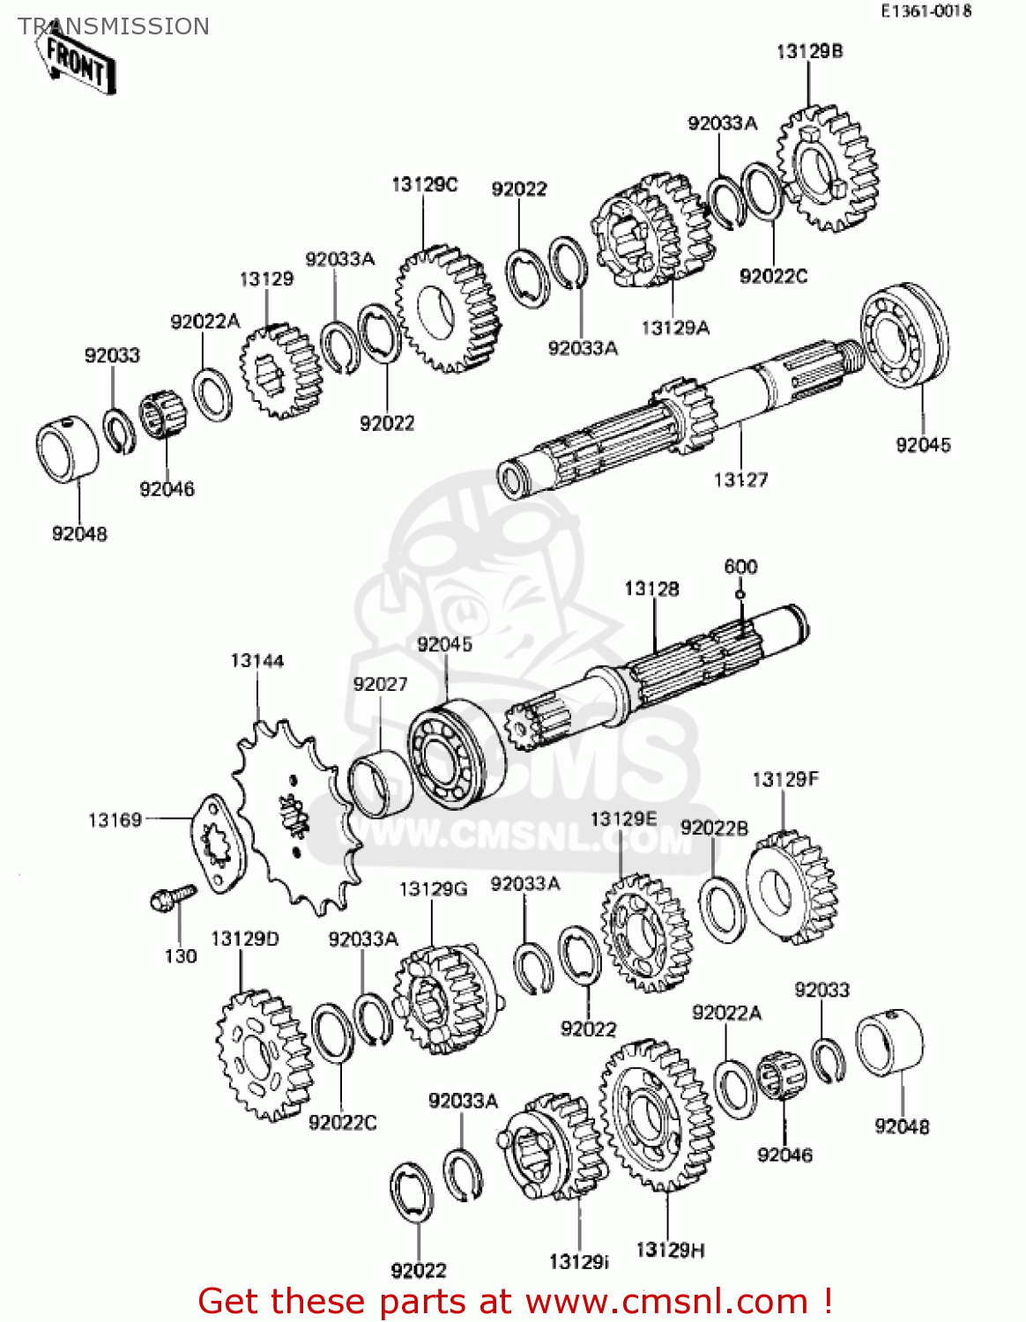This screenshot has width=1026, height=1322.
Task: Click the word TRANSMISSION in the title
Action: coord(114,26)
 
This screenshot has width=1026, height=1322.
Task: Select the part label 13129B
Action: coord(809,52)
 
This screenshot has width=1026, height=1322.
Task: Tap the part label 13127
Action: coord(740,479)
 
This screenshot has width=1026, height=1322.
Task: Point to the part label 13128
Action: coord(651,589)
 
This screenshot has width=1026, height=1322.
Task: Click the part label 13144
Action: coord(257,661)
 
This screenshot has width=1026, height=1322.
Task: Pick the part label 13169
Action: coord(115,821)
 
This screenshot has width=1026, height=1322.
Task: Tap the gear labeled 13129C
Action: coord(447,309)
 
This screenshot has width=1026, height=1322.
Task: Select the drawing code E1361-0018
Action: coord(926,11)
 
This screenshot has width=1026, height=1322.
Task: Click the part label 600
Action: coord(740,567)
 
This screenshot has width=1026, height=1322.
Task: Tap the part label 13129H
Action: coord(670,1250)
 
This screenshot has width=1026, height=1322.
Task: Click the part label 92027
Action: coord(380,684)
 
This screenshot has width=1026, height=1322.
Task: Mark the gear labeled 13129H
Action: coord(657,1115)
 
